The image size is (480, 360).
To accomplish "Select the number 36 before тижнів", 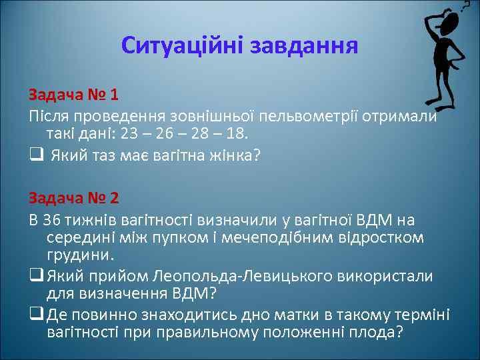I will coord(51,220).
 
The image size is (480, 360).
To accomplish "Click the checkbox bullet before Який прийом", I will coord(34,276).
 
